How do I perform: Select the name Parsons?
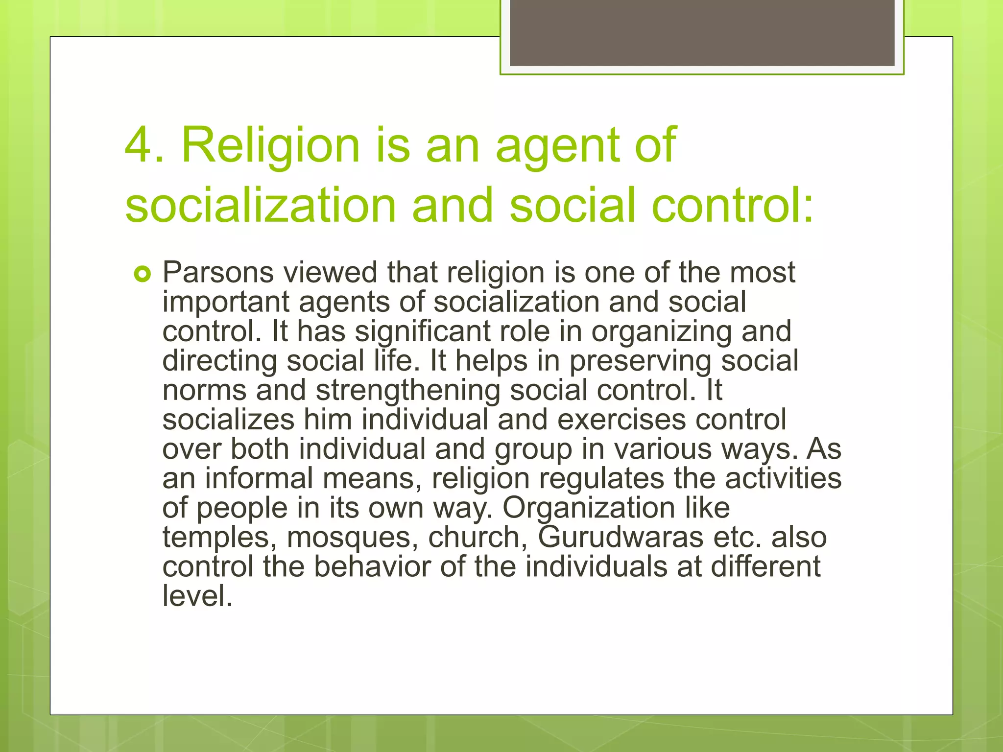(218, 272)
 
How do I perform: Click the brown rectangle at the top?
(702, 33)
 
